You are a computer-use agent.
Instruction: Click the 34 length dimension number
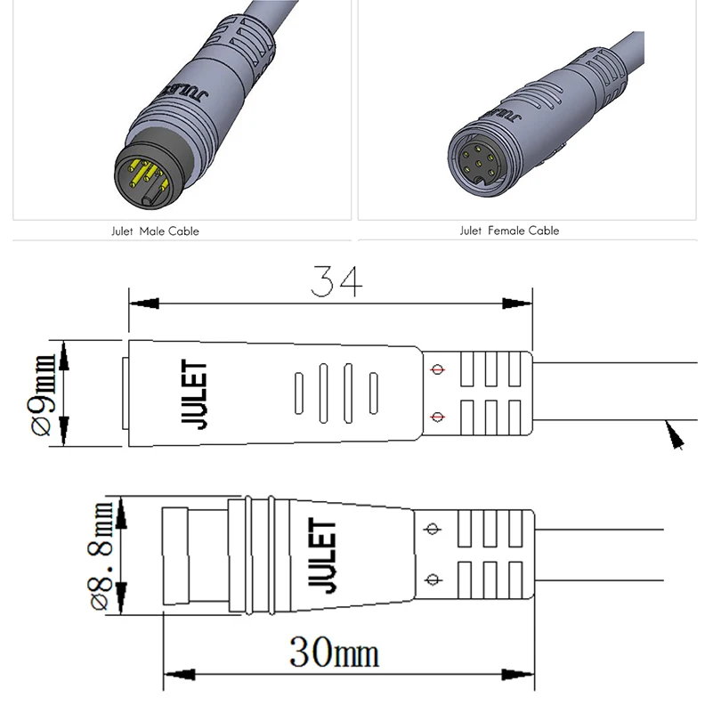click(336, 281)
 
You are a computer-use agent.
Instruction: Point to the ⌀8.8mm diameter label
click(101, 556)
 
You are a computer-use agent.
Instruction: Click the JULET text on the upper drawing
click(199, 395)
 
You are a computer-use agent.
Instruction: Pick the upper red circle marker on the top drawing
click(436, 369)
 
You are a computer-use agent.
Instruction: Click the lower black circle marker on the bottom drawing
click(433, 580)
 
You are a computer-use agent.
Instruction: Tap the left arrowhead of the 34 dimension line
click(143, 304)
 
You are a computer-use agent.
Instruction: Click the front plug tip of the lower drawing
click(174, 556)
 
